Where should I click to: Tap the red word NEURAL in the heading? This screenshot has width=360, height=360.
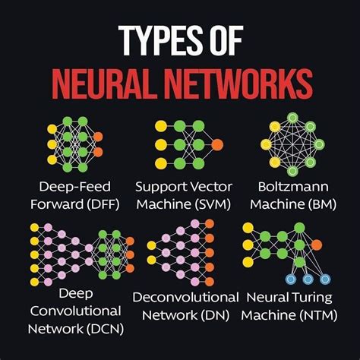[103, 84]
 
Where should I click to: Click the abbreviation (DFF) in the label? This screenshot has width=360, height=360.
[103, 204]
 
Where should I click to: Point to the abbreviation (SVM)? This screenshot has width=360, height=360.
[213, 204]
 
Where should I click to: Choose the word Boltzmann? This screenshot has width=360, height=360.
[293, 187]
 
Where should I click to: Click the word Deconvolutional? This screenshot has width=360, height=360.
[185, 297]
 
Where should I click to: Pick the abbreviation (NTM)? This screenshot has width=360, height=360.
[318, 315]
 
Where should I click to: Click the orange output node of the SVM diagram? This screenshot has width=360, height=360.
[217, 145]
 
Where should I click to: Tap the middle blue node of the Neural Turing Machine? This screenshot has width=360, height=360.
[308, 279]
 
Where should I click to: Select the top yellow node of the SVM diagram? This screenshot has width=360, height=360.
[161, 126]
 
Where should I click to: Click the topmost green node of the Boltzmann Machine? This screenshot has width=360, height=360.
[292, 118]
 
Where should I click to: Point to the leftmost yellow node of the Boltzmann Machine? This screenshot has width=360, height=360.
[266, 144]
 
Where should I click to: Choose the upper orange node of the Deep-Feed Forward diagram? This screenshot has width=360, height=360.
[98, 137]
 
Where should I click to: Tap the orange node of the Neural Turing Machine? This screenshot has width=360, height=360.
[317, 245]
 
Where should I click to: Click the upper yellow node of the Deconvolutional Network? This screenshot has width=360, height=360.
[151, 245]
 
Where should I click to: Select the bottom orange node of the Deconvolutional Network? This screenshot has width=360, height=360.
[210, 282]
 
